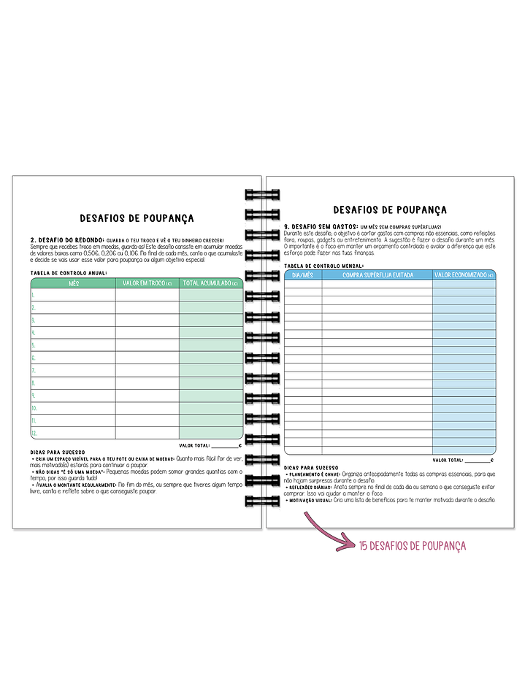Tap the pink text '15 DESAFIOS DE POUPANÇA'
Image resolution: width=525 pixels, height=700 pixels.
click(x=412, y=545)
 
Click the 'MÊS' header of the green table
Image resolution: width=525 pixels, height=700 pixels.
click(x=73, y=282)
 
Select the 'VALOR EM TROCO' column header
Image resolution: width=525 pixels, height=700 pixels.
click(x=147, y=282)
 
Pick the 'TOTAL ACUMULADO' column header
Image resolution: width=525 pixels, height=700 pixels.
click(x=210, y=282)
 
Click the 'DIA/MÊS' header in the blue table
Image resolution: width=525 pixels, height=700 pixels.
click(x=302, y=274)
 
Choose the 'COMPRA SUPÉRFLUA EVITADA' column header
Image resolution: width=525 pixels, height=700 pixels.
click(x=378, y=274)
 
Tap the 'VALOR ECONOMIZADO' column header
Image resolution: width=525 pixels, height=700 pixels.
click(x=464, y=274)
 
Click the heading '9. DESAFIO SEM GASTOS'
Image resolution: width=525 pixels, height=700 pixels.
click(x=321, y=227)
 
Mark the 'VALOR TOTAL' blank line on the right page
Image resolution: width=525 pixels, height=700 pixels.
click(x=478, y=460)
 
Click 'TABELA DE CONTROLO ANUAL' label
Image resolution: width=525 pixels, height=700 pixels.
click(x=69, y=273)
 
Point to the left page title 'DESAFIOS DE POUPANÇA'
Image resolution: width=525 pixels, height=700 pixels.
click(x=137, y=218)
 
